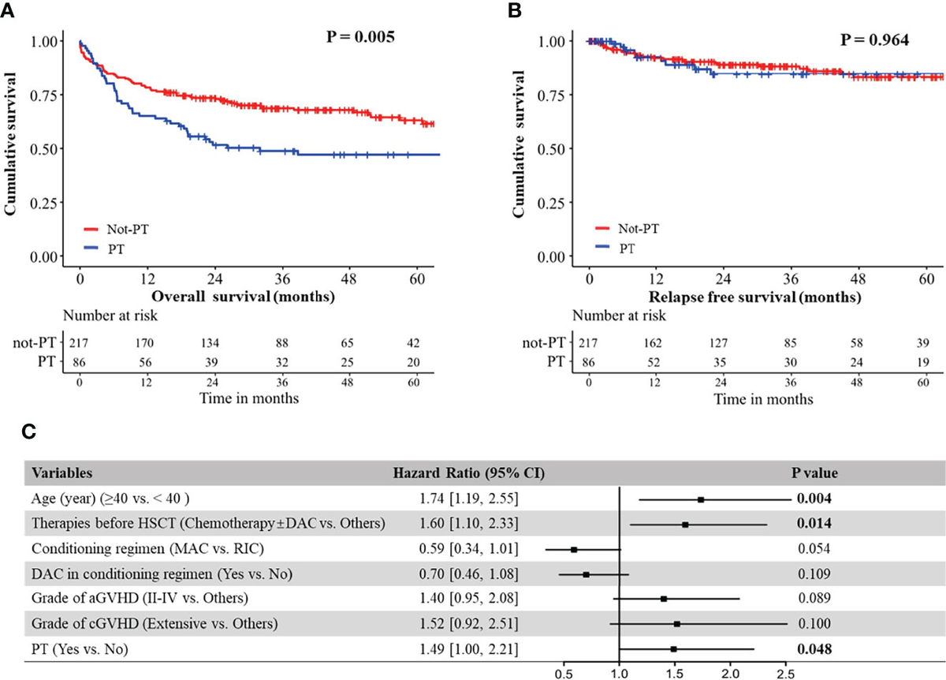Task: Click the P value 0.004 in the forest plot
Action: (814, 499)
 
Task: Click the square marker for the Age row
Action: (701, 499)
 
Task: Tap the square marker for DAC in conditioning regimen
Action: (587, 574)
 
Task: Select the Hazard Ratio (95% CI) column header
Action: (469, 473)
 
